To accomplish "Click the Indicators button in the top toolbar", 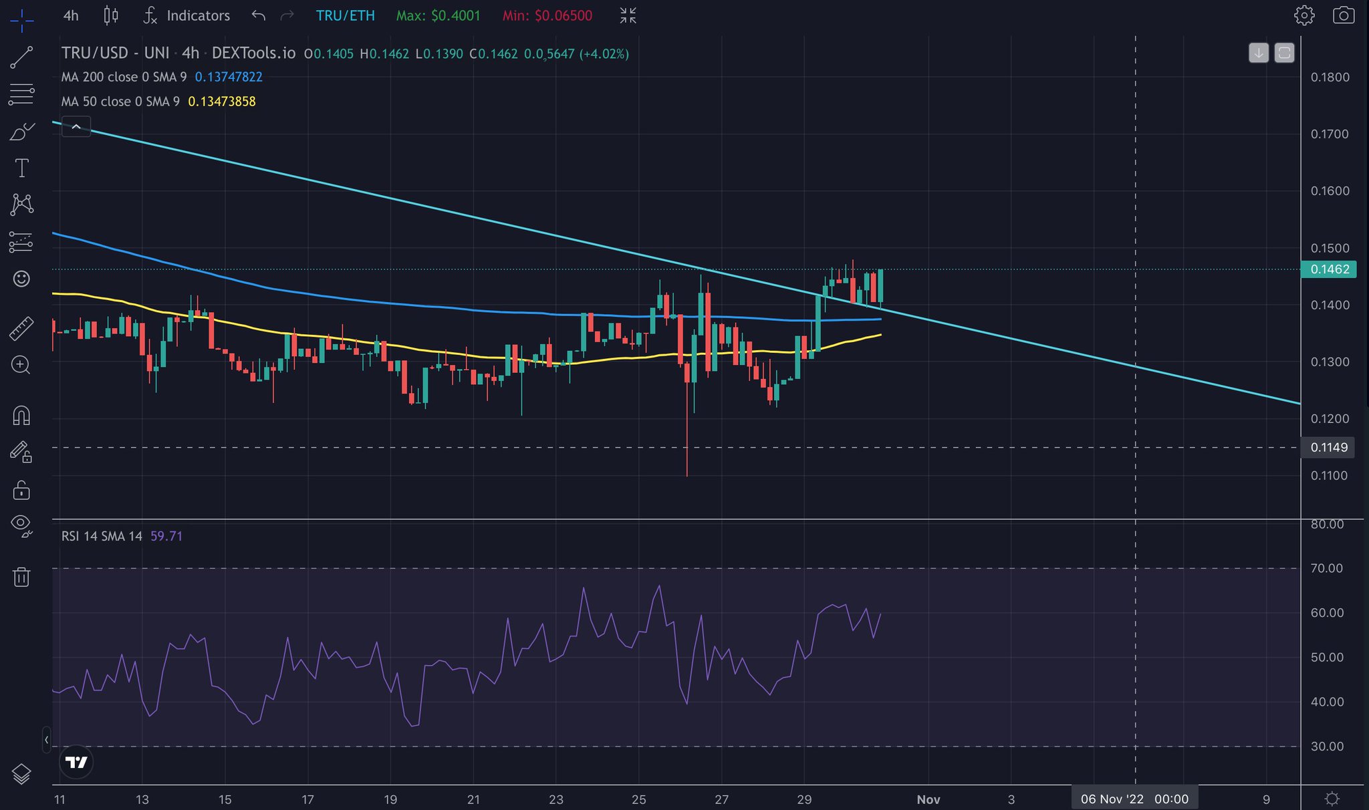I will click(188, 15).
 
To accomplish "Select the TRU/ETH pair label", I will click(345, 15).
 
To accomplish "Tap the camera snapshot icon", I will click(1343, 15).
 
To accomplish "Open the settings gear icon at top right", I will click(1303, 15).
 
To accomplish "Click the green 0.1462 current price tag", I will click(1329, 269).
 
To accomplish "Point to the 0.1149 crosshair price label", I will click(1328, 447).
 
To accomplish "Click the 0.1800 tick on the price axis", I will click(1330, 77).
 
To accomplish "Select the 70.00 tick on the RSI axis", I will click(1326, 568).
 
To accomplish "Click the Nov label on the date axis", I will click(928, 799).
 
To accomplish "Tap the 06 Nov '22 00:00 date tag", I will click(1134, 799).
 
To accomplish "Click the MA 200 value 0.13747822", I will click(229, 77).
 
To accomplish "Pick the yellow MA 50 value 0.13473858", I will click(222, 102).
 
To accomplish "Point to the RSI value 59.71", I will click(166, 536).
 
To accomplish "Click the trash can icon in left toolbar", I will click(21, 576).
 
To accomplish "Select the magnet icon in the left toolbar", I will click(21, 416).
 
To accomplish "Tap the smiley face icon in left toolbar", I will click(21, 279).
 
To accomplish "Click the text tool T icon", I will click(21, 168).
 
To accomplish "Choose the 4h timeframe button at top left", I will click(71, 15).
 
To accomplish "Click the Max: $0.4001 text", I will click(438, 15).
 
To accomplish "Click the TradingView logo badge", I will click(76, 762).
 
